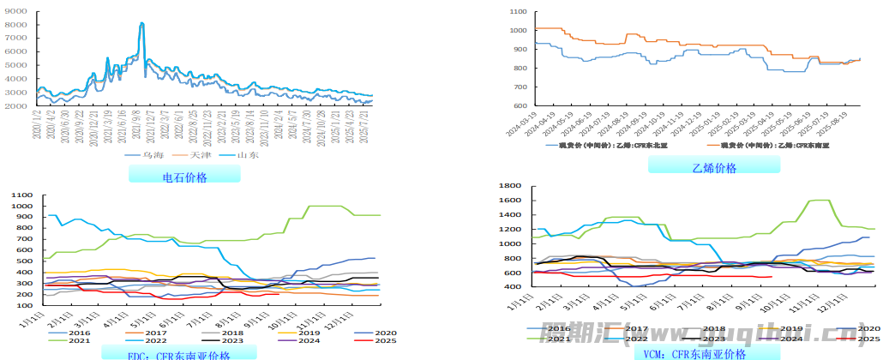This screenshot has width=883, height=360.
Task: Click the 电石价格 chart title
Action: tap(184, 177)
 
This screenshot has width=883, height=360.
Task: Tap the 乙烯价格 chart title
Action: tap(714, 168)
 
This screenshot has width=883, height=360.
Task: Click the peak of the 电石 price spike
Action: tap(142, 23)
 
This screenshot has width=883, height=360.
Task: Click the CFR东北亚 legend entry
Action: tap(605, 146)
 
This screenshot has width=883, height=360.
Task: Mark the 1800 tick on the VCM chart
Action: tap(511, 186)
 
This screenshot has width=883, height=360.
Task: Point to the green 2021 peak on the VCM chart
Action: tap(819, 201)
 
